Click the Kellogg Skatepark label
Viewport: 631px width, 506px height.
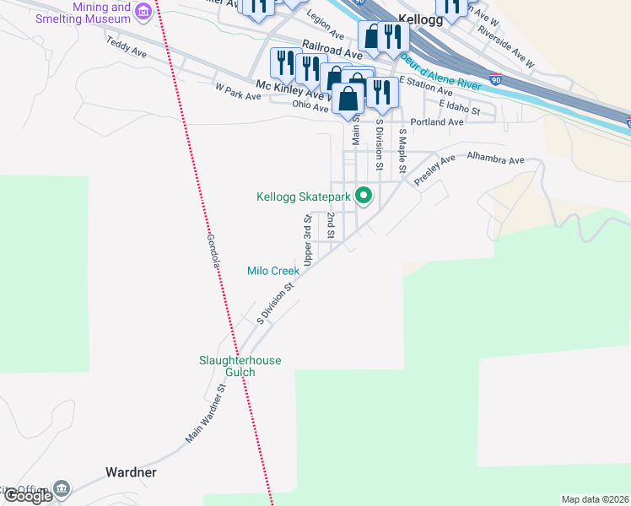pyautogui.click(x=303, y=197)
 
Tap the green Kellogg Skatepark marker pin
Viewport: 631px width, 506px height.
pyautogui.click(x=364, y=196)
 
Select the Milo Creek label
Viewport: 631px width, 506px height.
pyautogui.click(x=273, y=271)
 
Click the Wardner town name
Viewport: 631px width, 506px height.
pyautogui.click(x=131, y=472)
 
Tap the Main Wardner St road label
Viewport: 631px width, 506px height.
pyautogui.click(x=208, y=415)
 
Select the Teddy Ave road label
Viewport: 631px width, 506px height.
pyautogui.click(x=127, y=52)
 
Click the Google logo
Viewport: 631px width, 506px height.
pyautogui.click(x=28, y=496)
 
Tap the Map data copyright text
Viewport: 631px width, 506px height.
pyautogui.click(x=595, y=499)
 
